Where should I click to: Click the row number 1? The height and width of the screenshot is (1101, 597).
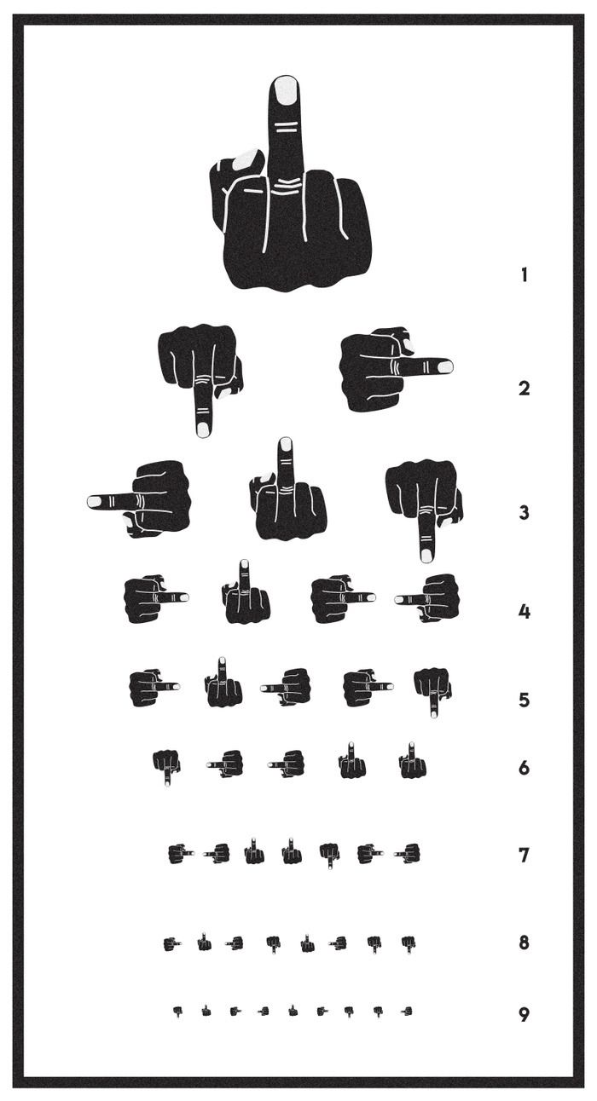[525, 274]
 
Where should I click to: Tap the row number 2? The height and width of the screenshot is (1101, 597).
[525, 389]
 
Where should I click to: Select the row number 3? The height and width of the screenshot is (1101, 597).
[525, 512]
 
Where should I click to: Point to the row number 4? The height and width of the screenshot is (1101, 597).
[525, 612]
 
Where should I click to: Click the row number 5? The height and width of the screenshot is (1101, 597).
[525, 700]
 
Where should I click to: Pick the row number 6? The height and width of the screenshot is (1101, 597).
[525, 767]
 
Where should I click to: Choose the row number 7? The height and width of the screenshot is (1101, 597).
[525, 855]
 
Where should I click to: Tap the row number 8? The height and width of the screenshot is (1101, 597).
[525, 942]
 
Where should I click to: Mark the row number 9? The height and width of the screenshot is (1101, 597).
[525, 1014]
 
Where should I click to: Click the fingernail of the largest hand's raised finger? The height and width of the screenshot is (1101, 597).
[286, 89]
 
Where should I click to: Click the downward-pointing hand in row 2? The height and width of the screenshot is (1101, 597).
[200, 379]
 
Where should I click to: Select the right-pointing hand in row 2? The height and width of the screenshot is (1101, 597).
[397, 369]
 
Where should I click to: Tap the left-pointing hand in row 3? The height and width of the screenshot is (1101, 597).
[139, 499]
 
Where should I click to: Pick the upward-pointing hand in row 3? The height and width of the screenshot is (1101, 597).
[287, 492]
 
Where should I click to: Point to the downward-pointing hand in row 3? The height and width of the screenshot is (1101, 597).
[424, 510]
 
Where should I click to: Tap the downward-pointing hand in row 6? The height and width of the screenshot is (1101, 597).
[166, 768]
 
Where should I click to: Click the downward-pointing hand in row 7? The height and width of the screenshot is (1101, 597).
[329, 856]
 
